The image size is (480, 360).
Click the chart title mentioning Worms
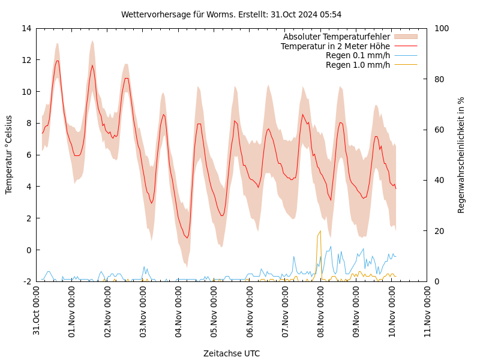click(231, 14)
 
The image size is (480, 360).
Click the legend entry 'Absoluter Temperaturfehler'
click(336, 37)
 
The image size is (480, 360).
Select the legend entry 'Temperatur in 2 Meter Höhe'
click(335, 46)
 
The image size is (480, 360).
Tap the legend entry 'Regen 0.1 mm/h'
click(358, 55)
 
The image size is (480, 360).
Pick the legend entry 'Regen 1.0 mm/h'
click(358, 65)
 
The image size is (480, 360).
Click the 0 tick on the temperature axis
click(28, 250)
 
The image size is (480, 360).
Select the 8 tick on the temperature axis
click(28, 123)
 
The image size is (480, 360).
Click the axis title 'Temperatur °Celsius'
click(9, 154)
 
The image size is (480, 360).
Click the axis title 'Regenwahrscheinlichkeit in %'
click(461, 154)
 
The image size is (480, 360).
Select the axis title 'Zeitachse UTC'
click(232, 353)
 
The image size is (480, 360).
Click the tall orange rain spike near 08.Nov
click(319, 234)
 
